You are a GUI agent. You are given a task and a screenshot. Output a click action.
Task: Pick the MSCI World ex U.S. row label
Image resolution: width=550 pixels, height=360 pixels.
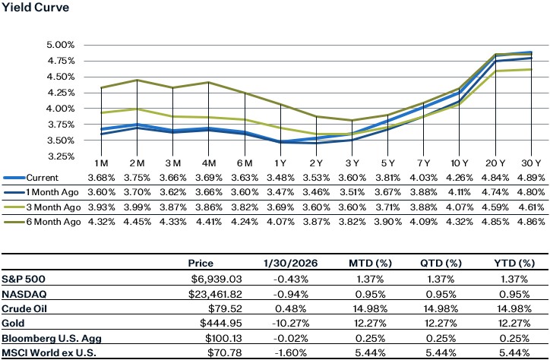(46, 353)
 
